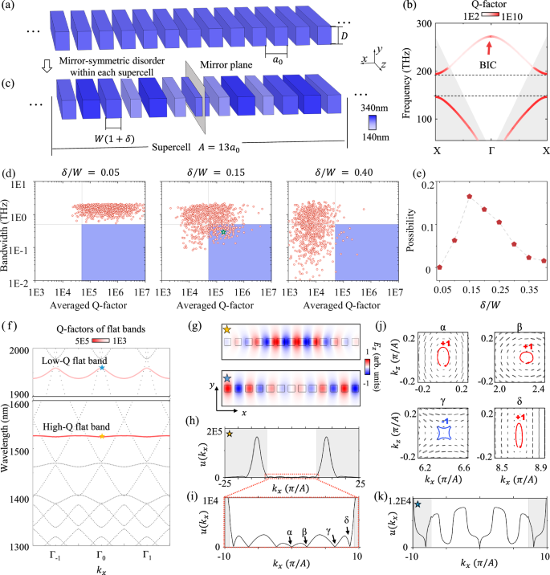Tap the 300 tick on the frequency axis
coord(419,25)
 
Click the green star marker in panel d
coord(224,233)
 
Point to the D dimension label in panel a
coord(345,36)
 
